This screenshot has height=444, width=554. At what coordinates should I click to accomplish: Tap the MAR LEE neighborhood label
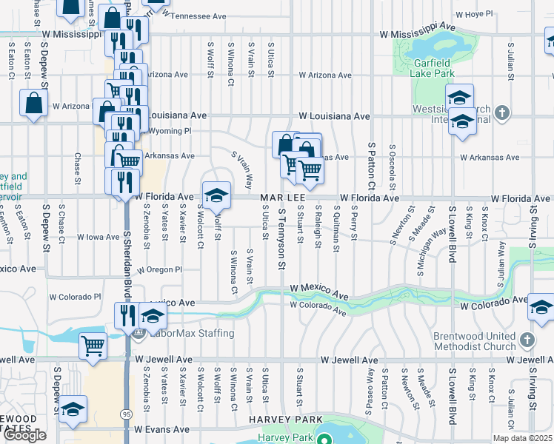(x=281, y=198)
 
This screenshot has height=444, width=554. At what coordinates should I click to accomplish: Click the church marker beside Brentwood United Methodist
(x=527, y=340)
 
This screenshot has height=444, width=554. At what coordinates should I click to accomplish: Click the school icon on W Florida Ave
(x=216, y=195)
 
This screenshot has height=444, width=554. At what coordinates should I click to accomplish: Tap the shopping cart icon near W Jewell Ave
(x=93, y=344)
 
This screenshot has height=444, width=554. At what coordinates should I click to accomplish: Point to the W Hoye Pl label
(x=475, y=14)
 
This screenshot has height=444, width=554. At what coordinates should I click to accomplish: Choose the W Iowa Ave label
(x=99, y=238)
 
